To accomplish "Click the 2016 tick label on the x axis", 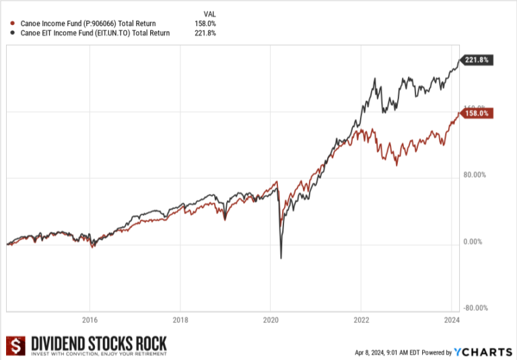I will (90, 320).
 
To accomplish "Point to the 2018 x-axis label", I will (180, 320).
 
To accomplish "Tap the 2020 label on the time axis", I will (271, 320).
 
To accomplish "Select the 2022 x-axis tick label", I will (361, 320).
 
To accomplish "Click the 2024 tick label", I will (451, 320).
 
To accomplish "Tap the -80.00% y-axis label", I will (476, 308).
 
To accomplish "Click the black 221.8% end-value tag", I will (477, 60).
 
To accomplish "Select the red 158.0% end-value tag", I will (477, 114).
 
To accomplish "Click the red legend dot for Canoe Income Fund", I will (13, 24).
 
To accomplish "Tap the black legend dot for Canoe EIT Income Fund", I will (13, 32).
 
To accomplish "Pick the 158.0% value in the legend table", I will (206, 24).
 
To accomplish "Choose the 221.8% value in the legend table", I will (206, 32).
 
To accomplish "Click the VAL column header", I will (209, 13).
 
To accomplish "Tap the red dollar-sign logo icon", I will (14, 346).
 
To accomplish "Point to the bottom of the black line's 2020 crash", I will (281, 258).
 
